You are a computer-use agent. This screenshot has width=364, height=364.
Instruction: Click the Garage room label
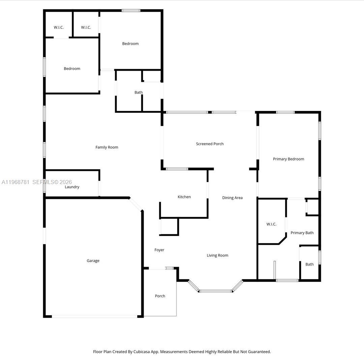click(93, 261)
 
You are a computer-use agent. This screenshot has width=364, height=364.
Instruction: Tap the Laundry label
click(72, 187)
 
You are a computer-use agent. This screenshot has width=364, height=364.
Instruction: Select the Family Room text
click(107, 147)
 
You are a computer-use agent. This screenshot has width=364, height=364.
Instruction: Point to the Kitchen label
click(184, 197)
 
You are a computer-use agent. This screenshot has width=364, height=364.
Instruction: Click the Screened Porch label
click(210, 144)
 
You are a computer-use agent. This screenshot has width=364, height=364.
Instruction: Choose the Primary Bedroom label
click(289, 159)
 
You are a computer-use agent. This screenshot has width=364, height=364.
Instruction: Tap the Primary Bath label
click(302, 233)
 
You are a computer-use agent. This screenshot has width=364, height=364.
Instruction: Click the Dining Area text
click(232, 198)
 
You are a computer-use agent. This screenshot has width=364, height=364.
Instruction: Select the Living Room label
click(217, 255)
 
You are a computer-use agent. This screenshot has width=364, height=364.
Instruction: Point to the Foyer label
click(159, 250)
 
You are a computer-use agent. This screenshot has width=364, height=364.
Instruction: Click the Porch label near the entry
click(160, 296)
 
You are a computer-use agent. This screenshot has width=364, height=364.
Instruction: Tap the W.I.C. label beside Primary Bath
click(271, 224)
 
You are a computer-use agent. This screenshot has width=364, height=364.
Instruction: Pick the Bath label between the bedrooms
click(139, 92)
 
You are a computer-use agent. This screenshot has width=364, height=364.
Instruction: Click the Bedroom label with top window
click(130, 43)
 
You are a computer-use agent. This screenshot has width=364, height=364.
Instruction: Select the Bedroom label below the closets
click(72, 68)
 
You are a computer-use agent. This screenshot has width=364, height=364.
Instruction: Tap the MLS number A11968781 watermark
click(16, 182)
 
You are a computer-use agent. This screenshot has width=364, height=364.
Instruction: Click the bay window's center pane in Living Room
click(215, 291)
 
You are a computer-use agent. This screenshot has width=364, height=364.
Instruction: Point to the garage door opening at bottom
click(94, 316)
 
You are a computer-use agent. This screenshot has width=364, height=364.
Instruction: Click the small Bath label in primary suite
click(309, 264)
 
